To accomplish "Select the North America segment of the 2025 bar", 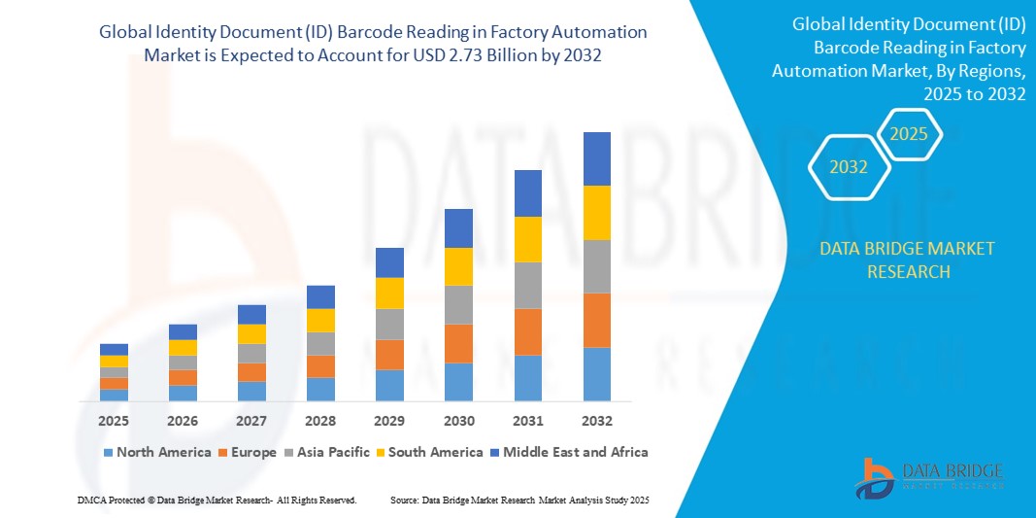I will (x=114, y=395).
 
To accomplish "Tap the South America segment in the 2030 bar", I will (x=458, y=266).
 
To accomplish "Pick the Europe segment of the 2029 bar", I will (x=389, y=355).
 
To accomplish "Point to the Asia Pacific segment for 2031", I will (x=527, y=286).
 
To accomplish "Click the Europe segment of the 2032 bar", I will (x=596, y=320).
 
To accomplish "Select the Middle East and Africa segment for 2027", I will (x=251, y=314).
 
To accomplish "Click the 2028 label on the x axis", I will (x=320, y=421).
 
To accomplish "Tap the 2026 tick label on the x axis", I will (x=183, y=421).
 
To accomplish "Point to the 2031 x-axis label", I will (x=527, y=421).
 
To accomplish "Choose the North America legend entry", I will (x=155, y=452).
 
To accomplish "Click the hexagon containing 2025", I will (x=910, y=134).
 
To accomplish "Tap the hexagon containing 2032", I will (x=849, y=167).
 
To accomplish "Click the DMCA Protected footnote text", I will (x=217, y=500).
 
